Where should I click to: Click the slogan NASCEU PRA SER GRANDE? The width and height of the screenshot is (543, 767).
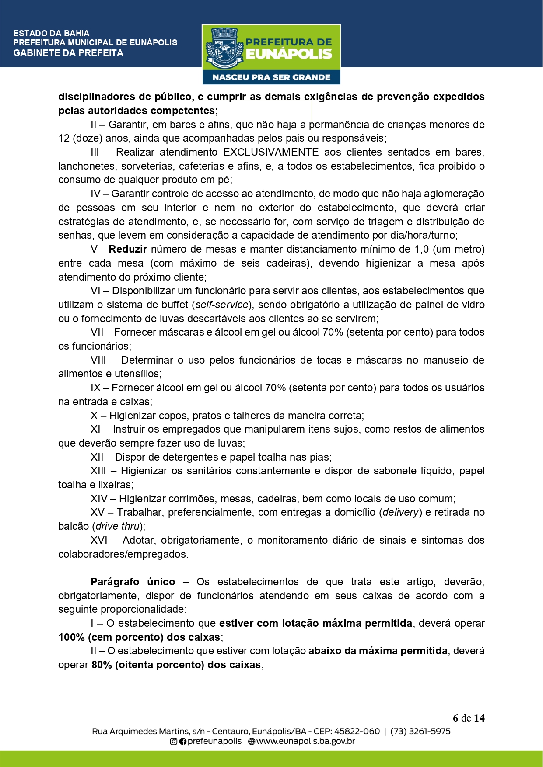click(x=271, y=77)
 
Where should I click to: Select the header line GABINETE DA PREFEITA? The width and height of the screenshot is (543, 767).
click(x=68, y=53)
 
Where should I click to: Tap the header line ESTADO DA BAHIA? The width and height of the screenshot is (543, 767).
click(x=51, y=33)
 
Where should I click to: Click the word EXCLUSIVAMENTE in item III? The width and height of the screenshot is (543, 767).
click(x=271, y=152)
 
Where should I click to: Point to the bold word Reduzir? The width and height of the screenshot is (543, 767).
click(x=128, y=249)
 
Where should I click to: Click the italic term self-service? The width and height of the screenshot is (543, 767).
click(x=222, y=305)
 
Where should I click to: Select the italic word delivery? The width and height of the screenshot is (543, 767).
click(x=400, y=512)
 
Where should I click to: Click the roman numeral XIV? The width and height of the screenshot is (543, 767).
click(x=99, y=499)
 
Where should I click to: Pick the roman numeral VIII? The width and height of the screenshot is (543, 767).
click(x=98, y=360)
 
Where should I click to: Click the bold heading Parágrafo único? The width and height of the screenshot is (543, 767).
click(x=133, y=582)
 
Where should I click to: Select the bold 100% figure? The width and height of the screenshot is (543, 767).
click(x=71, y=637)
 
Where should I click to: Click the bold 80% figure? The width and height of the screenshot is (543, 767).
click(x=102, y=665)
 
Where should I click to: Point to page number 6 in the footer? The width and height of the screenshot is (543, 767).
click(x=455, y=718)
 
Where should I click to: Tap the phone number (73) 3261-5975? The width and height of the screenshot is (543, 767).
click(x=420, y=731)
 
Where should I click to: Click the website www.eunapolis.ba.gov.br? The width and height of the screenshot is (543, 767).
click(x=305, y=741)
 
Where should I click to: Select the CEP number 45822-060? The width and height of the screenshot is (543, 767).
click(x=357, y=731)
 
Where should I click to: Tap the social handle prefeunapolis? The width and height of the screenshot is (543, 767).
click(x=214, y=741)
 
